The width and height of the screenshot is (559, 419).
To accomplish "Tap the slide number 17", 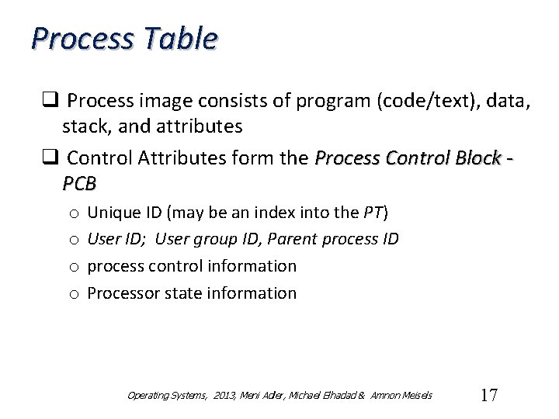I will click(x=488, y=395).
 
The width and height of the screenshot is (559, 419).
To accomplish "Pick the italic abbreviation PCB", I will click(x=79, y=184).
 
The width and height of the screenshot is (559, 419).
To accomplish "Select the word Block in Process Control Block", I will click(x=474, y=158).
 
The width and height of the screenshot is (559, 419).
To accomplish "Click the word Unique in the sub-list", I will click(x=112, y=212).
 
